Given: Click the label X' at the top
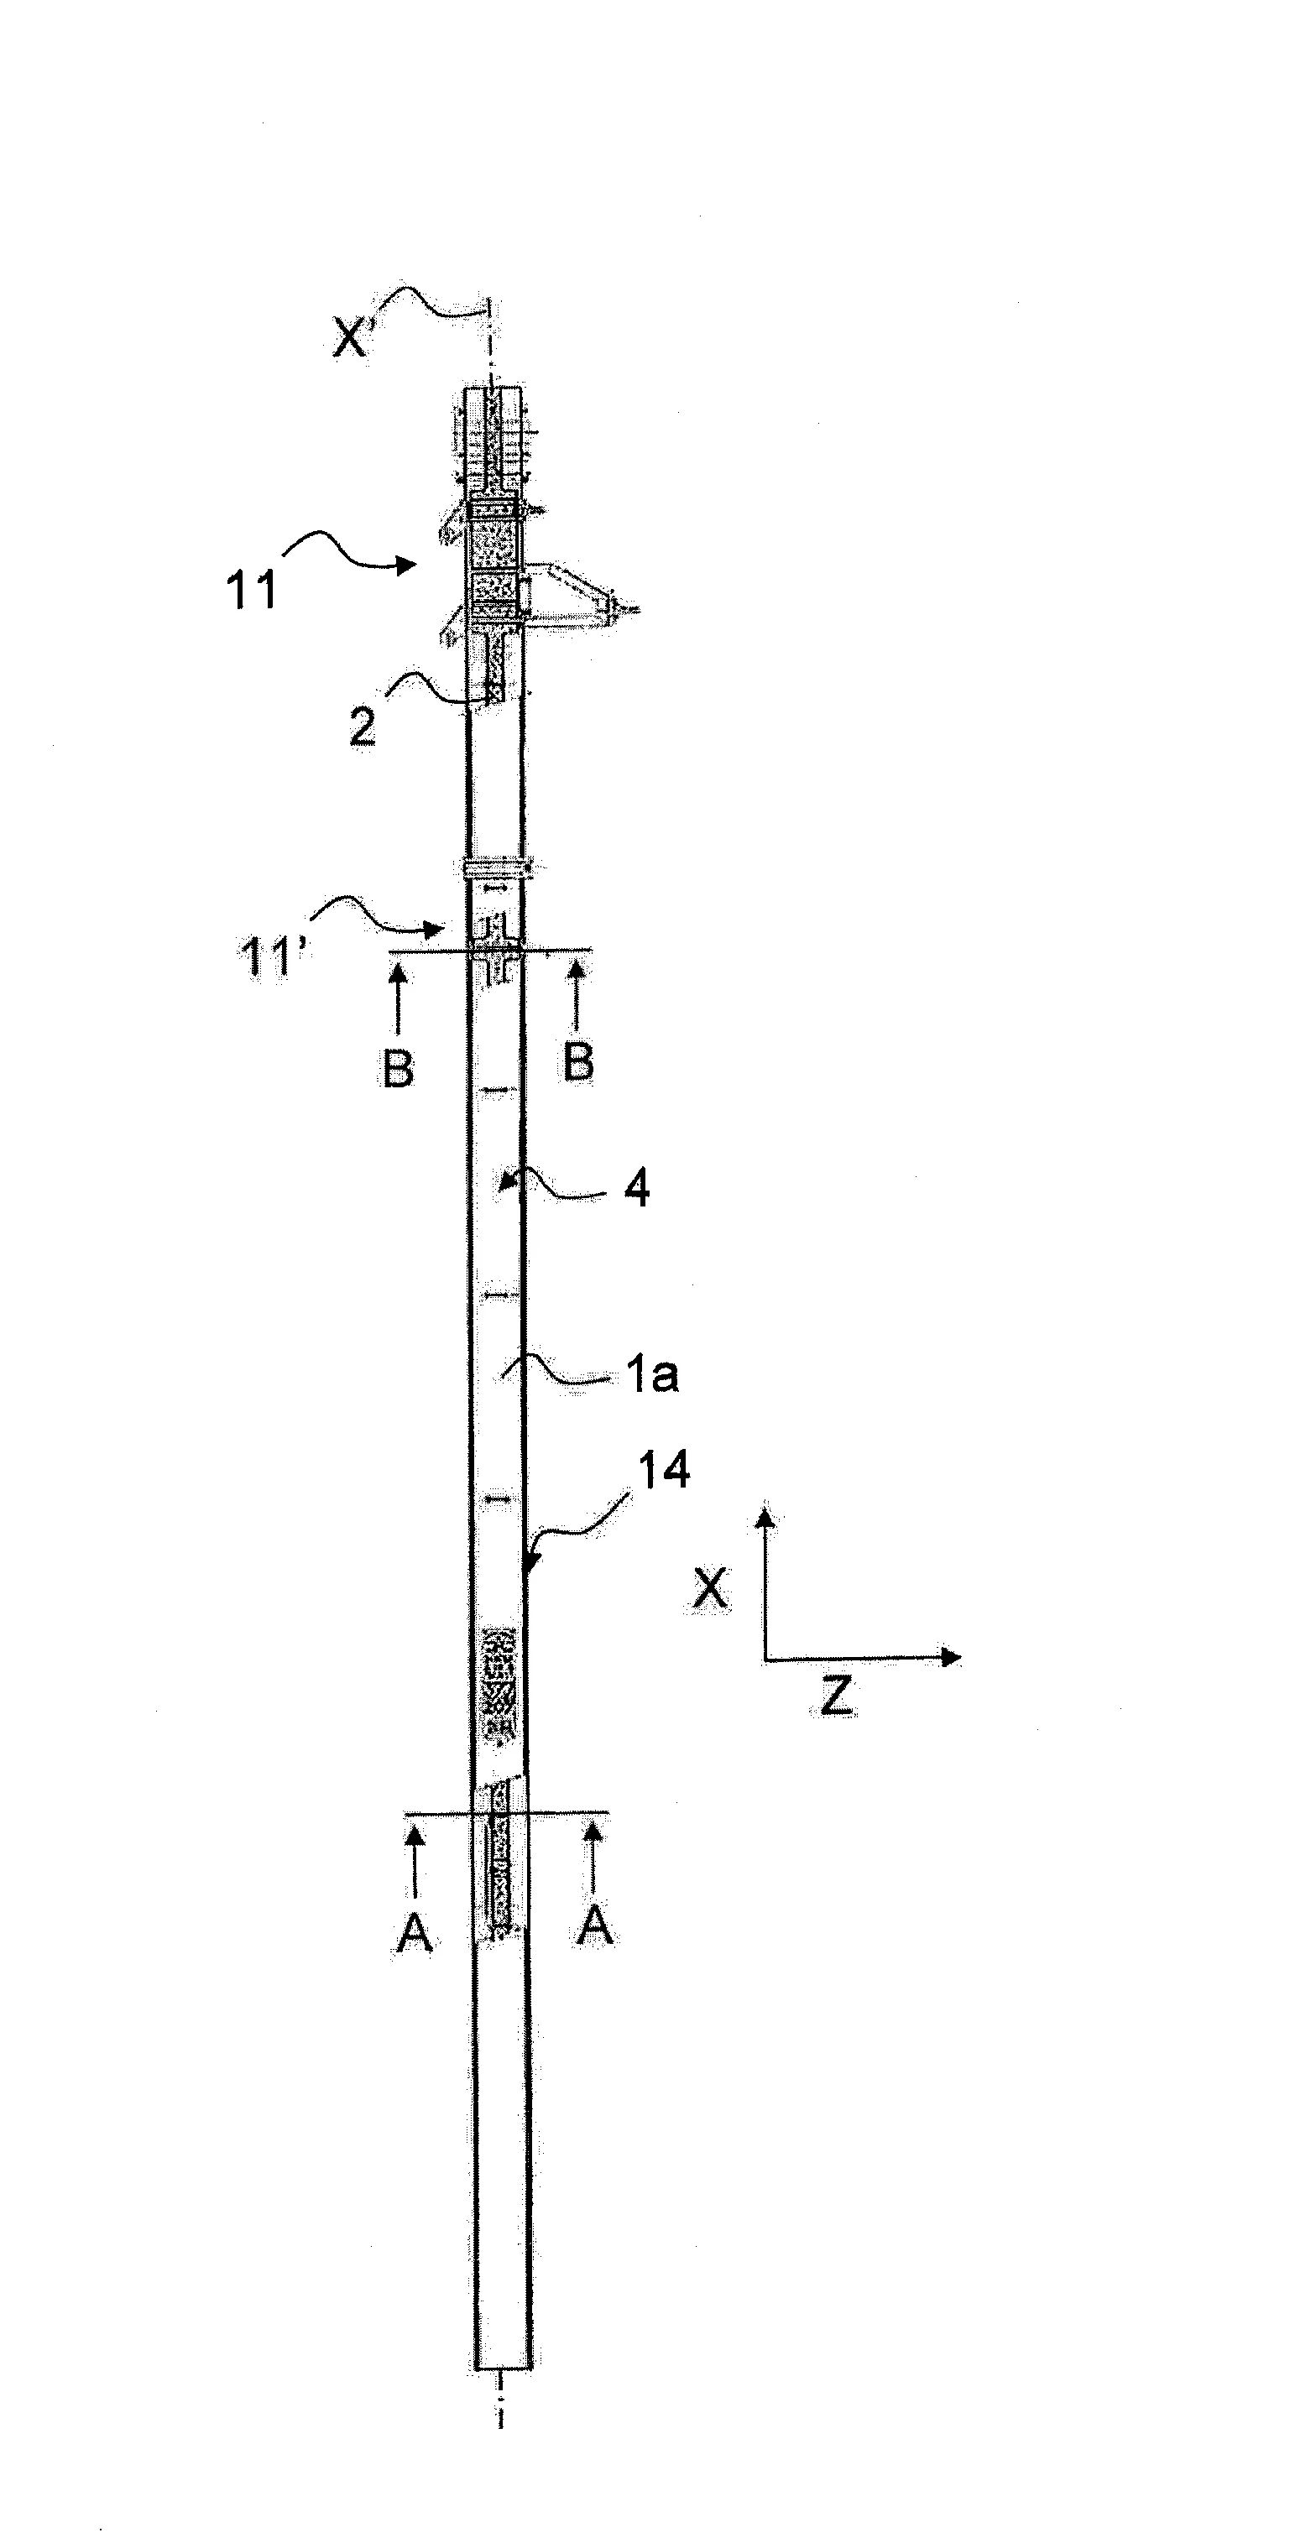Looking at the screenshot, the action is pyautogui.click(x=351, y=340).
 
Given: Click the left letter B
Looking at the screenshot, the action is pyautogui.click(x=397, y=1067).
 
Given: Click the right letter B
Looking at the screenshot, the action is pyautogui.click(x=578, y=1063).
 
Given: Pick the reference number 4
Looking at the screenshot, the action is pyautogui.click(x=638, y=1189).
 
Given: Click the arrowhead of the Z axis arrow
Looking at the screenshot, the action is pyautogui.click(x=952, y=1656).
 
